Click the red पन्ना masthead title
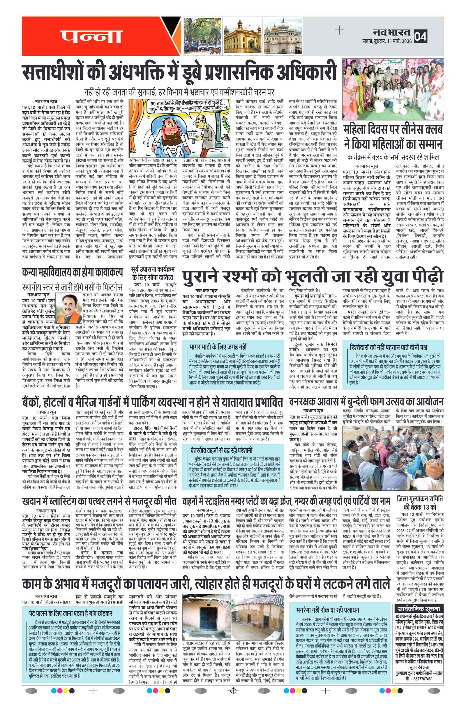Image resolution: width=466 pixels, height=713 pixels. click(91, 36)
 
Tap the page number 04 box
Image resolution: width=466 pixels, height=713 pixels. click(420, 36)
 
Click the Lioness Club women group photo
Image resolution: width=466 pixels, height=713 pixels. click(393, 89)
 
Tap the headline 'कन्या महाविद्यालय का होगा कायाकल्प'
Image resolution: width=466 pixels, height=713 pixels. click(72, 272)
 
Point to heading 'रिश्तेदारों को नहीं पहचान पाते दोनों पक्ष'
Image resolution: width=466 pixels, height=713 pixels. click(388, 347)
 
